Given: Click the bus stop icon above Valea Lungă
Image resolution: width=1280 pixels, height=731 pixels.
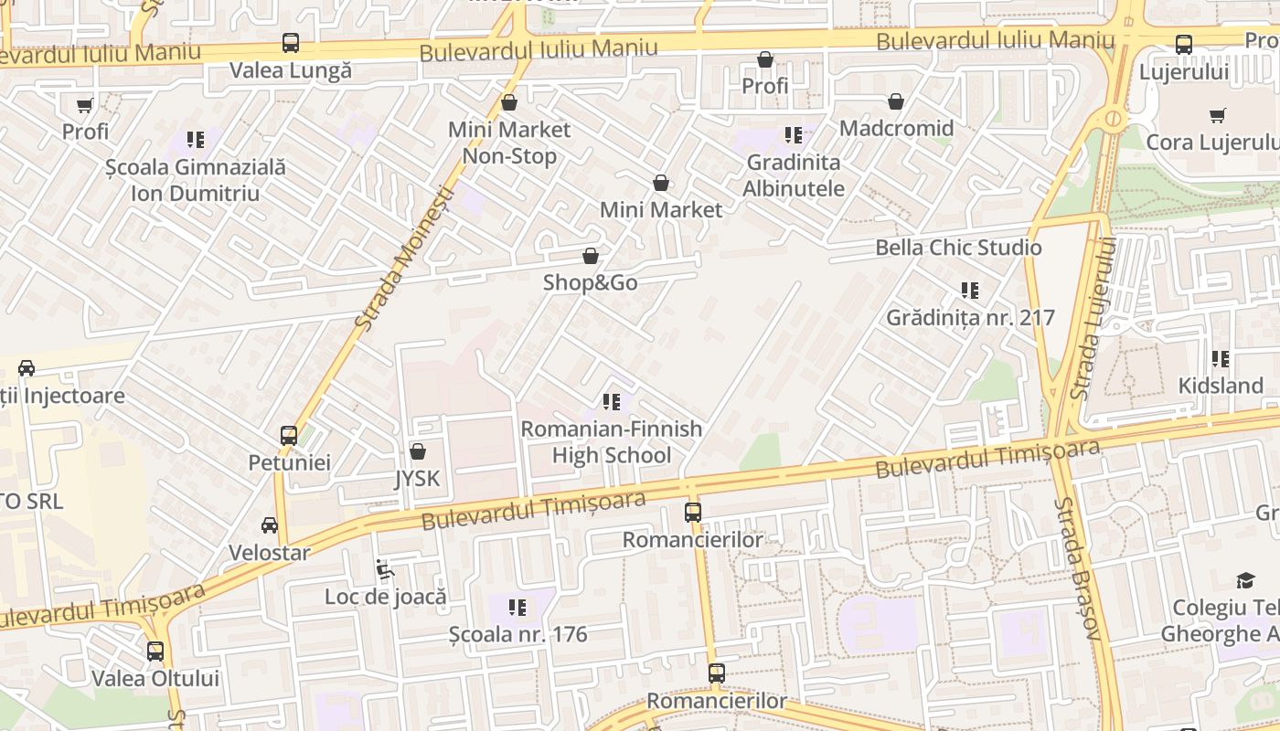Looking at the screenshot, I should click(x=290, y=43).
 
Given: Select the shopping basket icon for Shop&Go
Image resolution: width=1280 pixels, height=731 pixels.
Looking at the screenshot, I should click(x=591, y=256).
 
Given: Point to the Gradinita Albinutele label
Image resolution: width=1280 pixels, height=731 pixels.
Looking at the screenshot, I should click(x=794, y=175).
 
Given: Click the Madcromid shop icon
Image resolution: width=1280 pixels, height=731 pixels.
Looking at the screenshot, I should click(x=896, y=101).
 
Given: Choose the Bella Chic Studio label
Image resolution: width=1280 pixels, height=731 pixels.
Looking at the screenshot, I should click(x=958, y=248).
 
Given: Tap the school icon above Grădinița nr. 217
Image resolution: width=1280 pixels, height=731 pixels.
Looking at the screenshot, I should click(x=970, y=291).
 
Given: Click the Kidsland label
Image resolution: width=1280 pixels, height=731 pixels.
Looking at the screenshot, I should click(x=1221, y=386).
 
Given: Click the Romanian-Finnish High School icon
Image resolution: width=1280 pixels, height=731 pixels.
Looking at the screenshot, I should click(x=612, y=402).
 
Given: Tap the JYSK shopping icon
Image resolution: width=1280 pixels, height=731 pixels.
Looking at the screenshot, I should click(x=418, y=451).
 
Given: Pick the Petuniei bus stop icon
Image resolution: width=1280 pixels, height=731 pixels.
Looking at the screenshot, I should click(x=289, y=436).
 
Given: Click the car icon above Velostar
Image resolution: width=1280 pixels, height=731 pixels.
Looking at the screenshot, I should click(x=270, y=525).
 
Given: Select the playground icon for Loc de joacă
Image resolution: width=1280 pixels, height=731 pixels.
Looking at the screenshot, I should click(x=385, y=570).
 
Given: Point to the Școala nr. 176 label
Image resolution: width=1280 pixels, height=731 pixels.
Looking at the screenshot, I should click(x=518, y=634).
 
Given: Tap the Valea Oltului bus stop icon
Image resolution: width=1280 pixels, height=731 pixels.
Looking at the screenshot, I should click(x=155, y=652).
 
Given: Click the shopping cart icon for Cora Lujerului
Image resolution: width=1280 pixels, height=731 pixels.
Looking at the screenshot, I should click(x=1218, y=116).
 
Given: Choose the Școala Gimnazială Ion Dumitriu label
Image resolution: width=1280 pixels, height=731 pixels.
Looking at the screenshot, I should click(x=195, y=180).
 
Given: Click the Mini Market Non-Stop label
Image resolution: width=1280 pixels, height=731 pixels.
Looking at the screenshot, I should click(x=509, y=143).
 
